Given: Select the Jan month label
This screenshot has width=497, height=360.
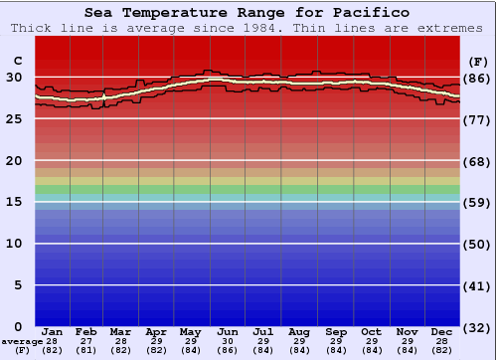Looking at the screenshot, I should click(53, 331).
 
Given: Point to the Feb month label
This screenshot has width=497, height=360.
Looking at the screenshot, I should click(86, 331).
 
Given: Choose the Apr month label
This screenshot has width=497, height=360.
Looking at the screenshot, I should click(156, 331).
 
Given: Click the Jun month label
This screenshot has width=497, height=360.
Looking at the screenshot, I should click(228, 331).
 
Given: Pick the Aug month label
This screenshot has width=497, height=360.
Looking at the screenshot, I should click(298, 331).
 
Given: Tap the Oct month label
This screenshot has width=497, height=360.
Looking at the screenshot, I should click(370, 331).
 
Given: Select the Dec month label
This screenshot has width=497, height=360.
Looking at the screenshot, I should click(442, 331).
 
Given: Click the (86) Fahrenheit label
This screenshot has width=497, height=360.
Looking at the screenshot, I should click(478, 78).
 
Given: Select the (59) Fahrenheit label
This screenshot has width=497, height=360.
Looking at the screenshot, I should click(478, 202).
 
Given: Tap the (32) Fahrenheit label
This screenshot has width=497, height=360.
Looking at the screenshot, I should click(478, 326).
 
